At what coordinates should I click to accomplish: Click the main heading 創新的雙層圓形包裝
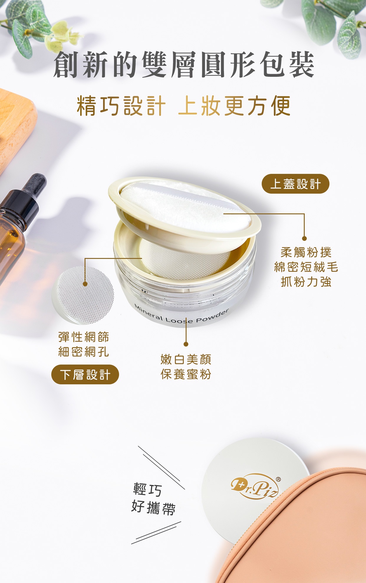(x=183, y=64)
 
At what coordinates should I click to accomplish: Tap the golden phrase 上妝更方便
(x=234, y=106)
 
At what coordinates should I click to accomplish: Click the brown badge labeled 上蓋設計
(x=295, y=184)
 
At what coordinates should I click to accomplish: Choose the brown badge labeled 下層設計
(x=85, y=375)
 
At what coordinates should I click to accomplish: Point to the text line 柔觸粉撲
(x=306, y=252)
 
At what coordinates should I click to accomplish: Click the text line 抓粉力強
(x=306, y=282)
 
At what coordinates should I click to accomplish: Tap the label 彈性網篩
(x=84, y=337)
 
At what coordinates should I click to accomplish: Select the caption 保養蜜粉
(x=186, y=374)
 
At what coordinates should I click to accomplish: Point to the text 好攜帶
(x=153, y=507)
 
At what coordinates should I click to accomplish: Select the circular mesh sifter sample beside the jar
(x=83, y=295)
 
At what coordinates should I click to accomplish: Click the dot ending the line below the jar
(x=186, y=344)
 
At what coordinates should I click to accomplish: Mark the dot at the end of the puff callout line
(x=304, y=238)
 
